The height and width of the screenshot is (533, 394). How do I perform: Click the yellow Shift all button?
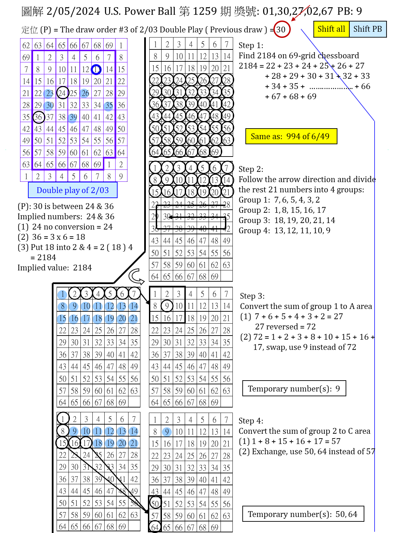pyautogui.click(x=331, y=29)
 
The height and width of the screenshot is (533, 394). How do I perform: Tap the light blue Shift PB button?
pyautogui.click(x=368, y=29)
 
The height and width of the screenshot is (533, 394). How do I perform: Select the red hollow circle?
pyautogui.click(x=282, y=29)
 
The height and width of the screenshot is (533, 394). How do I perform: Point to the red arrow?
pyautogui.click(x=300, y=13)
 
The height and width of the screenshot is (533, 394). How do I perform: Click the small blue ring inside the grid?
pyautogui.click(x=96, y=70)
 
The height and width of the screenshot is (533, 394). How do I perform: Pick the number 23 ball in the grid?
pyautogui.click(x=48, y=94)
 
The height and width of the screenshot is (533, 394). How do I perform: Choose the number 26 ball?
pyautogui.click(x=84, y=93)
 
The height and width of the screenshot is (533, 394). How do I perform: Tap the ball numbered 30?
pyautogui.click(x=48, y=106)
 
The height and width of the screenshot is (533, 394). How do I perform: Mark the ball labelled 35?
pyautogui.click(x=108, y=106)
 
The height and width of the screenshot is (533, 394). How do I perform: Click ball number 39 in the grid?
pyautogui.click(x=72, y=118)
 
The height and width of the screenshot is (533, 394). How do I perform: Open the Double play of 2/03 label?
pyautogui.click(x=73, y=190)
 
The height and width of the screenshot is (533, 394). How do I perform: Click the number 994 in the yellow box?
pyautogui.click(x=293, y=136)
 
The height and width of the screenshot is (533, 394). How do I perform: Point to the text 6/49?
pyautogui.click(x=320, y=136)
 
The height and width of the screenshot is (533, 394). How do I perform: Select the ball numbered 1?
pyautogui.click(x=62, y=295)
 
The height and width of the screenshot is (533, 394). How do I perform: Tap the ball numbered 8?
pyautogui.click(x=62, y=307)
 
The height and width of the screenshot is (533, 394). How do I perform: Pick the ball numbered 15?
pyautogui.click(x=62, y=319)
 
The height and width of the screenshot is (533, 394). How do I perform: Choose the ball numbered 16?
pyautogui.click(x=74, y=319)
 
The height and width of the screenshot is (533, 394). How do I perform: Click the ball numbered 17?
pyautogui.click(x=86, y=319)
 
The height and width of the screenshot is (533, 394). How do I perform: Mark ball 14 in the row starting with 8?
pyautogui.click(x=133, y=307)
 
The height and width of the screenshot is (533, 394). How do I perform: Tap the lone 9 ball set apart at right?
pyautogui.click(x=167, y=432)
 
